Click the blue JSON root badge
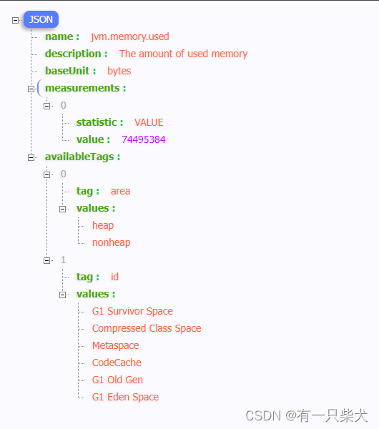pos(41,19)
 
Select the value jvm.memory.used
pos(129,36)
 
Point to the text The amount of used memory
pos(183,54)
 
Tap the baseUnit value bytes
pos(119,71)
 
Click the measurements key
pos(85,88)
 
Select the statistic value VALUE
pos(149,122)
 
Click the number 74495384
pos(144,139)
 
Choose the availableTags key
pos(82,157)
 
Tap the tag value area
pos(120,191)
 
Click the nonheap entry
pos(111,242)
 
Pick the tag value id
pos(114,277)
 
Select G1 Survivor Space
pos(132,311)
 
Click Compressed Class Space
pos(147,328)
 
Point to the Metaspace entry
pos(115,345)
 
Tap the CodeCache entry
pos(117,363)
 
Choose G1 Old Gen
pos(117,380)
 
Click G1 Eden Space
pos(125,397)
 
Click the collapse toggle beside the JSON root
pos(16,20)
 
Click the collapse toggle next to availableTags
pos(31,157)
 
